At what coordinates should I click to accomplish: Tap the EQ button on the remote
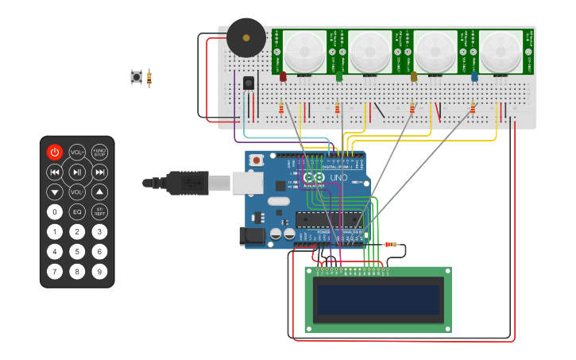pyautogui.click(x=77, y=211)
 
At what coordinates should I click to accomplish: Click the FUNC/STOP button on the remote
pyautogui.click(x=99, y=152)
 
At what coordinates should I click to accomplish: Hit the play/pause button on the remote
pyautogui.click(x=77, y=172)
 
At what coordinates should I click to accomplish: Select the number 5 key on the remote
pyautogui.click(x=77, y=251)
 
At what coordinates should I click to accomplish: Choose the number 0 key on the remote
pyautogui.click(x=54, y=211)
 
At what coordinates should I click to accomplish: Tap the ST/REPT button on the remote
pyautogui.click(x=99, y=211)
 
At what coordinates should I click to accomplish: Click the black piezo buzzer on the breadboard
pyautogui.click(x=245, y=37)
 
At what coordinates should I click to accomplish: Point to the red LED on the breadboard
pyautogui.click(x=283, y=76)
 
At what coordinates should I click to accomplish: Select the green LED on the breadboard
pyautogui.click(x=339, y=76)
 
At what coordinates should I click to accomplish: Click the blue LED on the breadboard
pyautogui.click(x=474, y=76)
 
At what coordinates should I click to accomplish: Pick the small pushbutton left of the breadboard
pyautogui.click(x=137, y=77)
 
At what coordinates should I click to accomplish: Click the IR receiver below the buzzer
pyautogui.click(x=249, y=82)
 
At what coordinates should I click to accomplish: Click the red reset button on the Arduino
pyautogui.click(x=257, y=160)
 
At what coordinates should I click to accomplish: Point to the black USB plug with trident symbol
pyautogui.click(x=187, y=183)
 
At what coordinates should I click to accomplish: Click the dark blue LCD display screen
pyautogui.click(x=377, y=300)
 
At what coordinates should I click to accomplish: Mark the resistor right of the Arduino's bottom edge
pyautogui.click(x=390, y=244)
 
